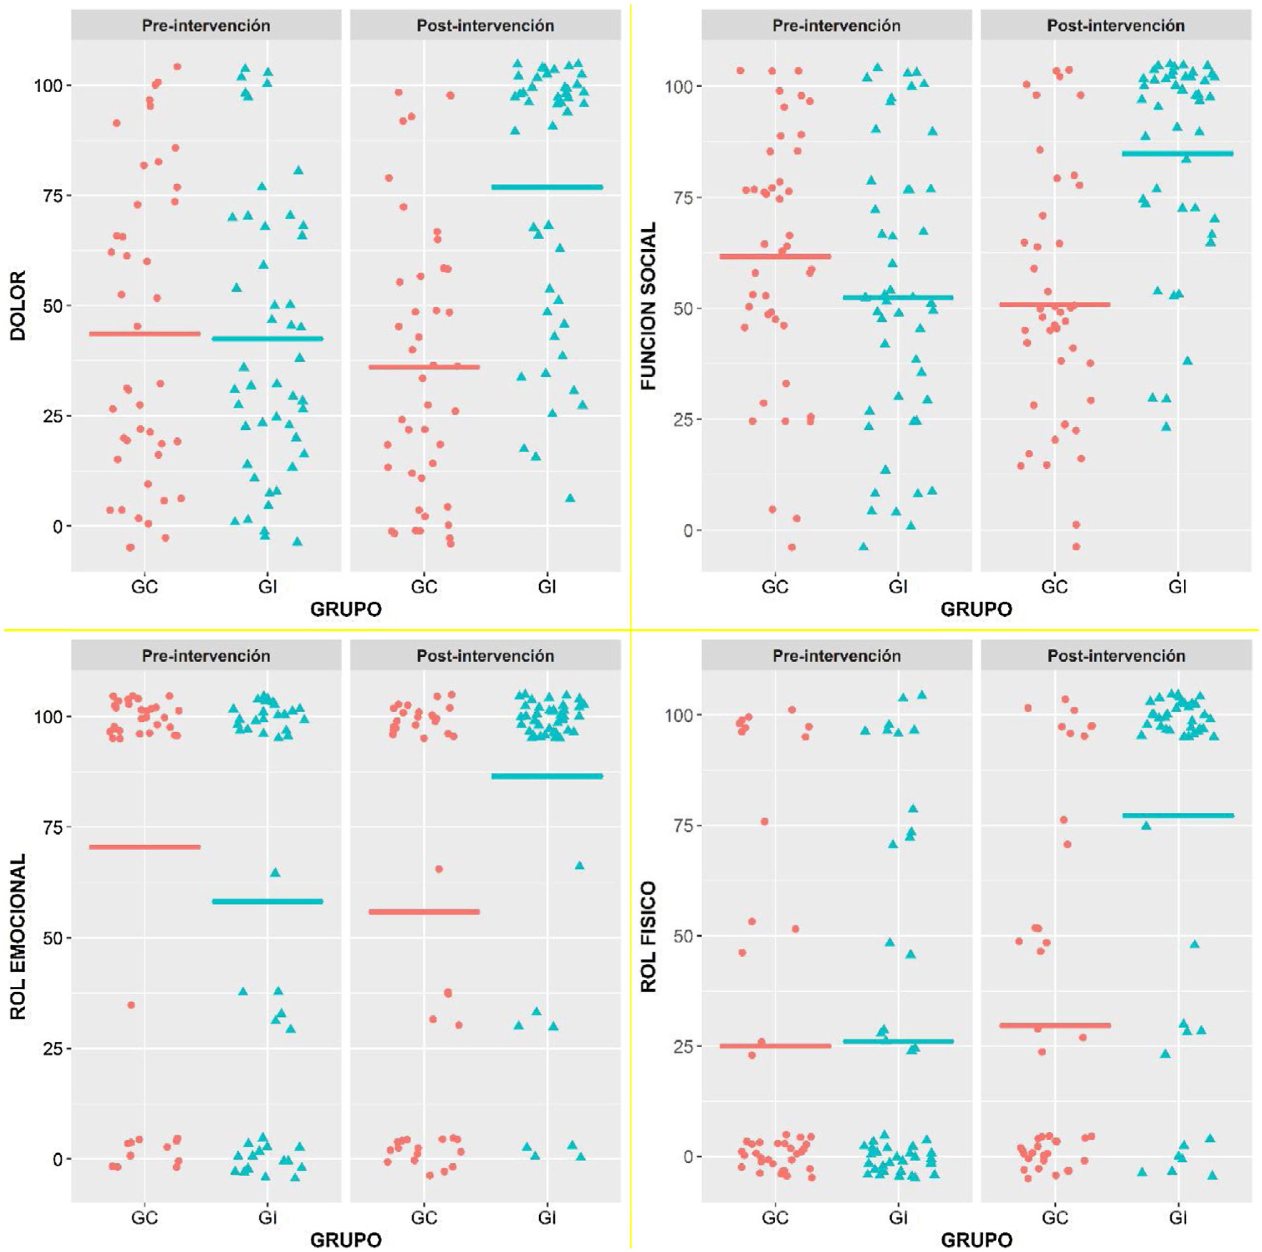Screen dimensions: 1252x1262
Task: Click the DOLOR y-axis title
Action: coord(18,306)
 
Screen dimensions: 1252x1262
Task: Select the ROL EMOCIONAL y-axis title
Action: coord(18,937)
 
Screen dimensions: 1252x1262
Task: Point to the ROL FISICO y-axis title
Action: coord(648,937)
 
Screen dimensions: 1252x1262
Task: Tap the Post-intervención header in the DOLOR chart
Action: coord(486,26)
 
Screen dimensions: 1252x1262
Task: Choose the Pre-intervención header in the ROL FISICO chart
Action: coord(837,656)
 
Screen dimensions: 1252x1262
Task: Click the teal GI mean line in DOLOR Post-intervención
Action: coord(547,188)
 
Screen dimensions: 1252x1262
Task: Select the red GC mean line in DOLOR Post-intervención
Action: coord(424,367)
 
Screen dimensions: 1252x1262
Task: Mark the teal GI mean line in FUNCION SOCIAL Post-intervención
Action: coord(1177,154)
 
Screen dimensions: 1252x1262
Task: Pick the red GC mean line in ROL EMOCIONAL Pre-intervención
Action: coord(144,847)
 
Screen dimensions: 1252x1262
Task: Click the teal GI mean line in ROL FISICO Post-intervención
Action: coord(1177,816)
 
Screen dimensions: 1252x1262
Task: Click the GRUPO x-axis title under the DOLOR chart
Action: coord(346,609)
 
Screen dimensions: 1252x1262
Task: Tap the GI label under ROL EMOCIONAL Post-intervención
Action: coord(547,1217)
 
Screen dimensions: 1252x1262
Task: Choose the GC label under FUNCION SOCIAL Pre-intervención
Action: coord(775,587)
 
